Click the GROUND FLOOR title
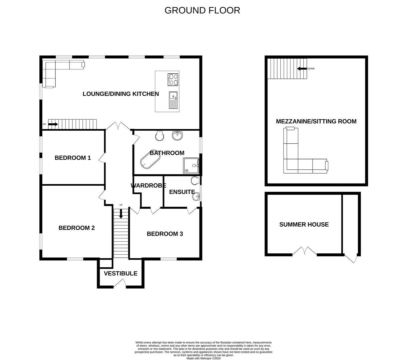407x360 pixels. pos(202,10)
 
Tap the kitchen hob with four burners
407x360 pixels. pos(173,79)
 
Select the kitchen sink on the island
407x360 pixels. pos(173,100)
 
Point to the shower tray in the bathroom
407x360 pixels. pos(191,166)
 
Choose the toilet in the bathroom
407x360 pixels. pos(160,135)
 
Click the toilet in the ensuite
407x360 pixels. pos(195,181)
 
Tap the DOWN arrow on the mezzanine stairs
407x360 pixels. pos(302,69)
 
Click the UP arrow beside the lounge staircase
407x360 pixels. pos(53,124)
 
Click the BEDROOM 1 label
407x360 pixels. pos(73,158)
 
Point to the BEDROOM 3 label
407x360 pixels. pos(165,234)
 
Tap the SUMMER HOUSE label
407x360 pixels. pos(304,224)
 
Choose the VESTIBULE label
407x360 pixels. pos(120,273)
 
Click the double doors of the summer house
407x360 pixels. pos(304,251)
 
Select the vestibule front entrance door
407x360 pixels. pos(119,283)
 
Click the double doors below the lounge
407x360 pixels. pos(118,126)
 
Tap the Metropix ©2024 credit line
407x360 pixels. pos(203,358)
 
